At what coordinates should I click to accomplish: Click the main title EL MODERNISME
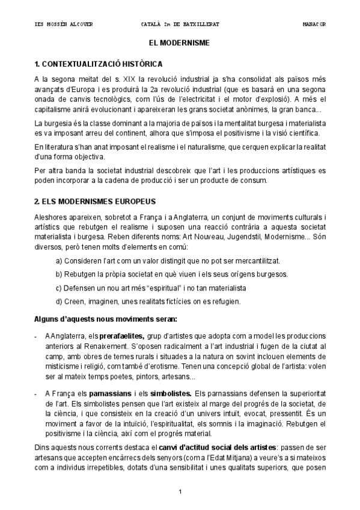[x=180, y=44]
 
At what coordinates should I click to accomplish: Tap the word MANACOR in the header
[x=314, y=24]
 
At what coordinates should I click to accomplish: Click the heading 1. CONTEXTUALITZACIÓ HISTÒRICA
[x=98, y=64]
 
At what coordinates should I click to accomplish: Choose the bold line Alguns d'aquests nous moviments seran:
[x=105, y=318]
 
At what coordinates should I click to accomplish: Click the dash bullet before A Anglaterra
[x=37, y=335]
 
